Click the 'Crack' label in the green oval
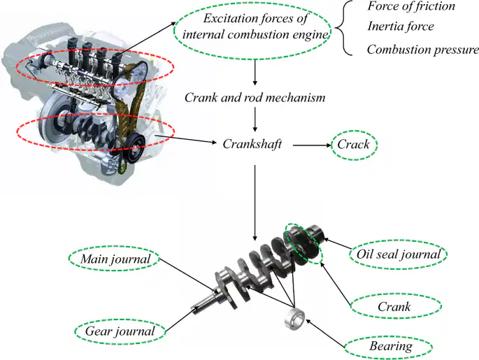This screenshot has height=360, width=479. (x=353, y=145)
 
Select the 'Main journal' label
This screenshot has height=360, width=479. (x=115, y=259)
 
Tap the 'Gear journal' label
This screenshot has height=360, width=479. (x=120, y=331)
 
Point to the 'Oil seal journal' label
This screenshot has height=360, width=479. (x=399, y=254)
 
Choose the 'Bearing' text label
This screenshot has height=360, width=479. (x=391, y=346)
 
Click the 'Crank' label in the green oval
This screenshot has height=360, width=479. (x=394, y=307)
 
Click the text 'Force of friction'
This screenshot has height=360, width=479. (x=411, y=6)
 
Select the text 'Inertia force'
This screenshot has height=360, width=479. (x=401, y=27)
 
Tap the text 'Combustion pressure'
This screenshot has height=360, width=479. (x=423, y=50)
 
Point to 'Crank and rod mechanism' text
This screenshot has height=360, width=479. (x=255, y=98)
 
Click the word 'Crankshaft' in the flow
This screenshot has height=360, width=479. (x=252, y=144)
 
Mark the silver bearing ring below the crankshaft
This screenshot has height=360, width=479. (x=294, y=319)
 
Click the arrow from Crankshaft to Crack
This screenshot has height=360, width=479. (x=312, y=145)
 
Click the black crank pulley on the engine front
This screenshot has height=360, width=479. (x=136, y=148)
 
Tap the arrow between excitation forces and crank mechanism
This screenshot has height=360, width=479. (x=255, y=73)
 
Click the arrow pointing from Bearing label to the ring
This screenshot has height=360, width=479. (x=326, y=333)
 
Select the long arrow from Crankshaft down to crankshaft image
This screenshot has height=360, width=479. (x=255, y=203)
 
